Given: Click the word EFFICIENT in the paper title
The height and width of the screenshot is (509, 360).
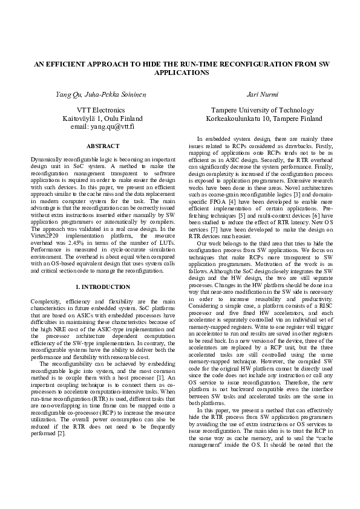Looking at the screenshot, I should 72,63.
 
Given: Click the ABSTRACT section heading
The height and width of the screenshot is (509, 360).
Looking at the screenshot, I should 103,146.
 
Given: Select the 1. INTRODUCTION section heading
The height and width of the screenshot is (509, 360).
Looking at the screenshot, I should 103,270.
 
